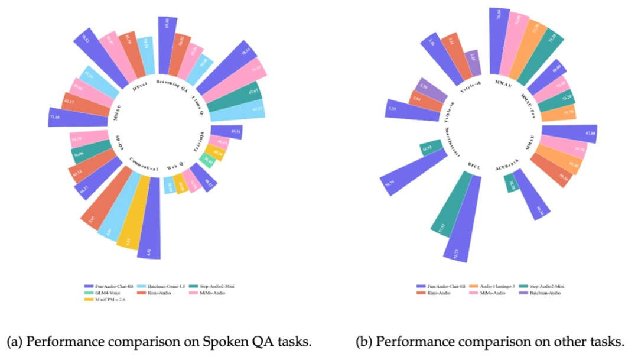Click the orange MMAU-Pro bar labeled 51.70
[x=565, y=112]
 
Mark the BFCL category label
[x=474, y=166]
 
